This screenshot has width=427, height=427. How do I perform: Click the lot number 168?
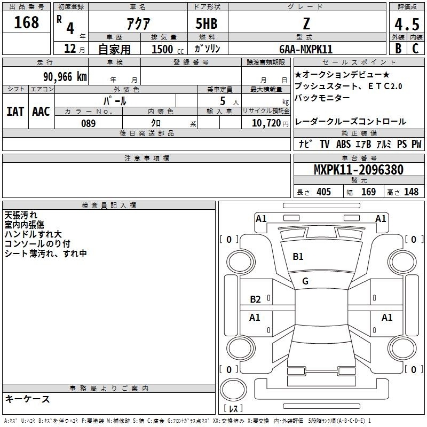click(x=26, y=22)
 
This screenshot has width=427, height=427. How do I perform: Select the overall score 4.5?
click(x=407, y=24)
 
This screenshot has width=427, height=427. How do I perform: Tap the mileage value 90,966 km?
click(x=65, y=77)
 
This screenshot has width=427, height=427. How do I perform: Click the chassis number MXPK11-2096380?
click(x=359, y=169)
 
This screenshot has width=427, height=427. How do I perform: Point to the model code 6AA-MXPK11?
click(x=306, y=49)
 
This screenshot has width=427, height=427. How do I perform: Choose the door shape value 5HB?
click(x=207, y=23)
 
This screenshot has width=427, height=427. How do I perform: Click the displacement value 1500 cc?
click(x=168, y=49)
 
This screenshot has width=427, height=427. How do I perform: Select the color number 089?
click(x=89, y=123)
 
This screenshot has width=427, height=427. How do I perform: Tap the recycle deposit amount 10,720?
click(x=266, y=123)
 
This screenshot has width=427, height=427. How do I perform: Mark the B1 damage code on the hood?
click(x=298, y=257)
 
